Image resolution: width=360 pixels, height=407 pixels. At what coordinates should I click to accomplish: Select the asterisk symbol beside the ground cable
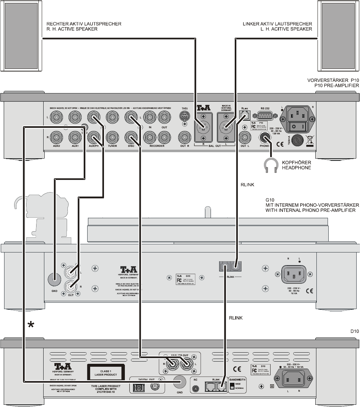coord(32,325)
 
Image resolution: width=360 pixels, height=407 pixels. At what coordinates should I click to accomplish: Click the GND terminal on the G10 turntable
coord(55,279)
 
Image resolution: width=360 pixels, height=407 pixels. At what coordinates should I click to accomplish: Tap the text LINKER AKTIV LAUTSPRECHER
coord(277,24)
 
